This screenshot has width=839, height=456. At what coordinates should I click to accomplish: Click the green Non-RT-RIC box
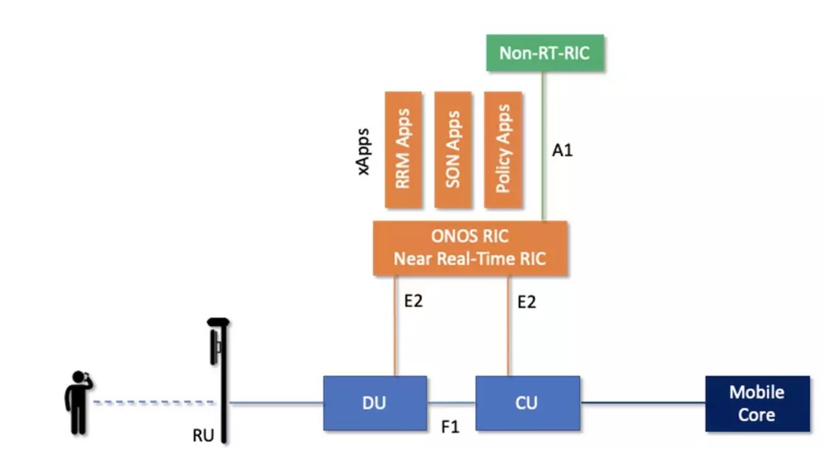coord(544,53)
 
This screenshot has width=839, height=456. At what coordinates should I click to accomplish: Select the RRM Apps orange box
coord(403,149)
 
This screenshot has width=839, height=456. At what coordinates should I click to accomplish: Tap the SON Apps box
coord(453,149)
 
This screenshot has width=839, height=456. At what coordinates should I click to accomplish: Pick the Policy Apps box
coord(502,149)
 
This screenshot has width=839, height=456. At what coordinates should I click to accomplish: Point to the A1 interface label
coord(562,151)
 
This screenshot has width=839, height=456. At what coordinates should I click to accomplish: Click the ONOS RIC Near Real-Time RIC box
coord(470,248)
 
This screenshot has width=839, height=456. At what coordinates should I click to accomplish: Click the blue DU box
coord(375,403)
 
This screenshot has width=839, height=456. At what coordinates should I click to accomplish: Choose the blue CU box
coord(527,403)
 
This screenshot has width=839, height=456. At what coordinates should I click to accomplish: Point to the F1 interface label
coord(451,427)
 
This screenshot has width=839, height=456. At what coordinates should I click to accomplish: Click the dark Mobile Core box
coord(757,404)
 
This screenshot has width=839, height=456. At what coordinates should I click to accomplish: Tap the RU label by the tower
coord(202,436)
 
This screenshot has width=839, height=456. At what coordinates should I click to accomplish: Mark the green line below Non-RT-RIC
coord(543,145)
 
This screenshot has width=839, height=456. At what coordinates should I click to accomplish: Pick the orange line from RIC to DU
coord(396,327)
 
